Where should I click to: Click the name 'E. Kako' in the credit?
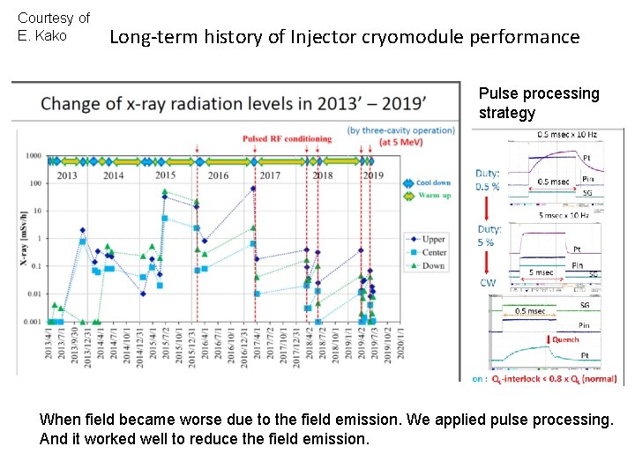pyautogui.click(x=42, y=35)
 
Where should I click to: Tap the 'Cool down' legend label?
pyautogui.click(x=435, y=182)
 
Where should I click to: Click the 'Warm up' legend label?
pyautogui.click(x=434, y=195)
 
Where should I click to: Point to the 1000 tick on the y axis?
pyautogui.click(x=34, y=156)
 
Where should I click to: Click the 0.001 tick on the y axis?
pyautogui.click(x=31, y=322)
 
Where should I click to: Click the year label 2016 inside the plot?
pyautogui.click(x=218, y=175)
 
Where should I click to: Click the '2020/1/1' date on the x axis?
pyautogui.click(x=401, y=351)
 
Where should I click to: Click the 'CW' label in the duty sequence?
pyautogui.click(x=488, y=283)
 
